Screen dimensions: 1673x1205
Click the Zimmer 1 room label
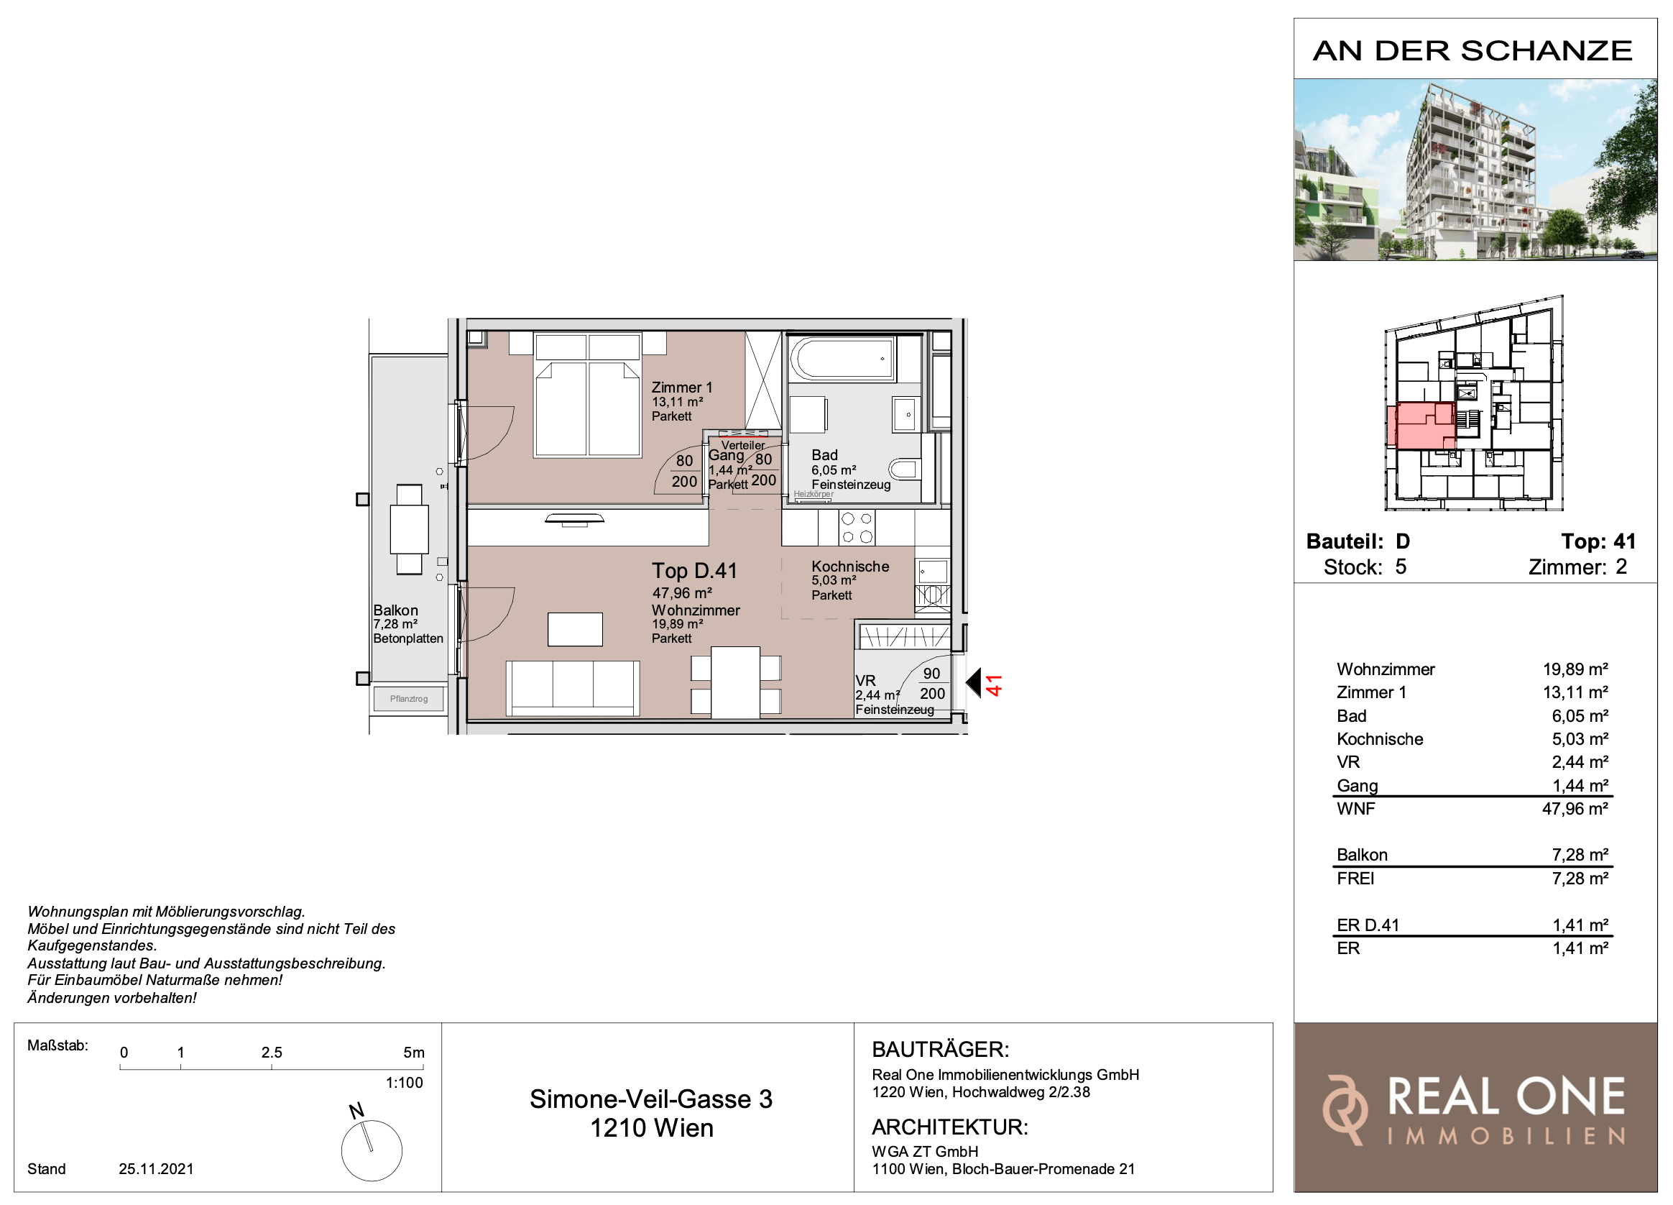[x=681, y=388]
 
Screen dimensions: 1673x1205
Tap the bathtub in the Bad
[x=842, y=359]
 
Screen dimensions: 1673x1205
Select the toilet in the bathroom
[x=905, y=469]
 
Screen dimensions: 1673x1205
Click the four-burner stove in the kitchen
[x=857, y=528]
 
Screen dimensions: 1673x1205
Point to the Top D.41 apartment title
[x=694, y=570]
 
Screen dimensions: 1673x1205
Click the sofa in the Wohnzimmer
[x=573, y=688]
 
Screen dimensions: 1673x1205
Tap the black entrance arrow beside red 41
[x=974, y=682]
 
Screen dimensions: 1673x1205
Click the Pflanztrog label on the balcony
[x=409, y=698]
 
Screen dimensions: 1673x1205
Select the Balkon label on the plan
[x=395, y=610]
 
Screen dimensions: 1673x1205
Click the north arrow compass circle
[x=372, y=1150]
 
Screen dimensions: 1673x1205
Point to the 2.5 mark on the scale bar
[x=272, y=1053]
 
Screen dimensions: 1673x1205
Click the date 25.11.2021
[x=157, y=1169]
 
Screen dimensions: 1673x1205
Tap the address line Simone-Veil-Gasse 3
[x=650, y=1099]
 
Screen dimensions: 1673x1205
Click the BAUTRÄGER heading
[x=940, y=1048]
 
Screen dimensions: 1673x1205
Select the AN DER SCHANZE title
[x=1472, y=50]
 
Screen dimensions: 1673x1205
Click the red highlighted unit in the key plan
[x=1420, y=426]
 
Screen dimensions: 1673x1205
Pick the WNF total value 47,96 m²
[x=1575, y=808]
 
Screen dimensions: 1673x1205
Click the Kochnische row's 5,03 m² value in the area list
[x=1580, y=738]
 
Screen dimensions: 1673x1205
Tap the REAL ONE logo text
[x=1506, y=1096]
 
